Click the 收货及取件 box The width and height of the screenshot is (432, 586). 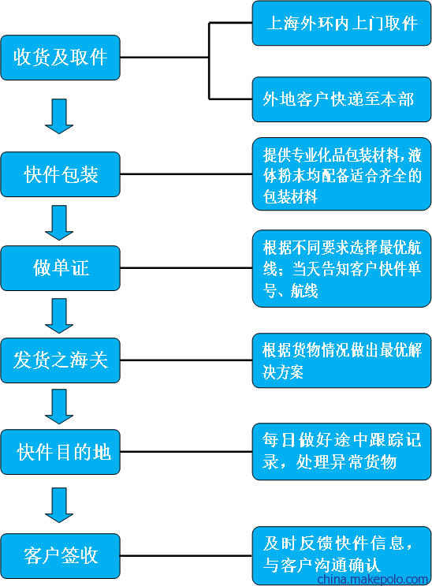60,58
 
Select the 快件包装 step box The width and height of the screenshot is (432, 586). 60,174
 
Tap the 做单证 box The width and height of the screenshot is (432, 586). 60,268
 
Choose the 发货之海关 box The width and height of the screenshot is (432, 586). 60,360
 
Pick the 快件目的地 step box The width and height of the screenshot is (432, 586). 60,452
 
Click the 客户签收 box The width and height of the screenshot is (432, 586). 60,556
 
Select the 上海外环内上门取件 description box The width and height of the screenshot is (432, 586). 341,23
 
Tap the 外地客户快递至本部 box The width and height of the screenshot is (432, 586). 341,99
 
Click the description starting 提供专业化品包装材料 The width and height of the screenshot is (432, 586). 341,174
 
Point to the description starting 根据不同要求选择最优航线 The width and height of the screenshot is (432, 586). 341,268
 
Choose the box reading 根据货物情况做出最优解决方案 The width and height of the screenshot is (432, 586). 341,360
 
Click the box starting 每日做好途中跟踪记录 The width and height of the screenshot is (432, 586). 341,451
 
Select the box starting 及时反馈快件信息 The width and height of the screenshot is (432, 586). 341,556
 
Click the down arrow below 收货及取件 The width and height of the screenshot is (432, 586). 59,116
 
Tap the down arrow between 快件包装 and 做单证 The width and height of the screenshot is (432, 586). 59,222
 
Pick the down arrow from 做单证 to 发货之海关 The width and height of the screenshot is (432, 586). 59,315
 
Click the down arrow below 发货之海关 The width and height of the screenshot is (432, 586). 59,407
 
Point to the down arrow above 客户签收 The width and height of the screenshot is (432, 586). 59,506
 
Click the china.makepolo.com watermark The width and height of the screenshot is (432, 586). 372,580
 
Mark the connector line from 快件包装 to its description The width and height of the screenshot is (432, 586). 186,174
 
